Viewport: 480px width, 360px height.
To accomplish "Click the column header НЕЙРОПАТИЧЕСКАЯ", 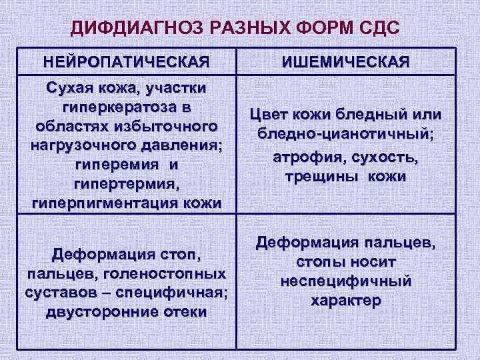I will coord(127,63).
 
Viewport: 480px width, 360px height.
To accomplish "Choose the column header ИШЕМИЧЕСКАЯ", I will coord(345,63).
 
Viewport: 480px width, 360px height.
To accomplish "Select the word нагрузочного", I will coord(80,145).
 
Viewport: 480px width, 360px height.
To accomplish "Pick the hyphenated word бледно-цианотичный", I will coord(345,134).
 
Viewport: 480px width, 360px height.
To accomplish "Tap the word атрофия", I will coord(304,157).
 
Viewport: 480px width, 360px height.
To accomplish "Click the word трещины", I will coord(318,177).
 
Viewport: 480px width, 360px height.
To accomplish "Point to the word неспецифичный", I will coord(345,281).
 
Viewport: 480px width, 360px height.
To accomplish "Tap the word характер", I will coord(345,300).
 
